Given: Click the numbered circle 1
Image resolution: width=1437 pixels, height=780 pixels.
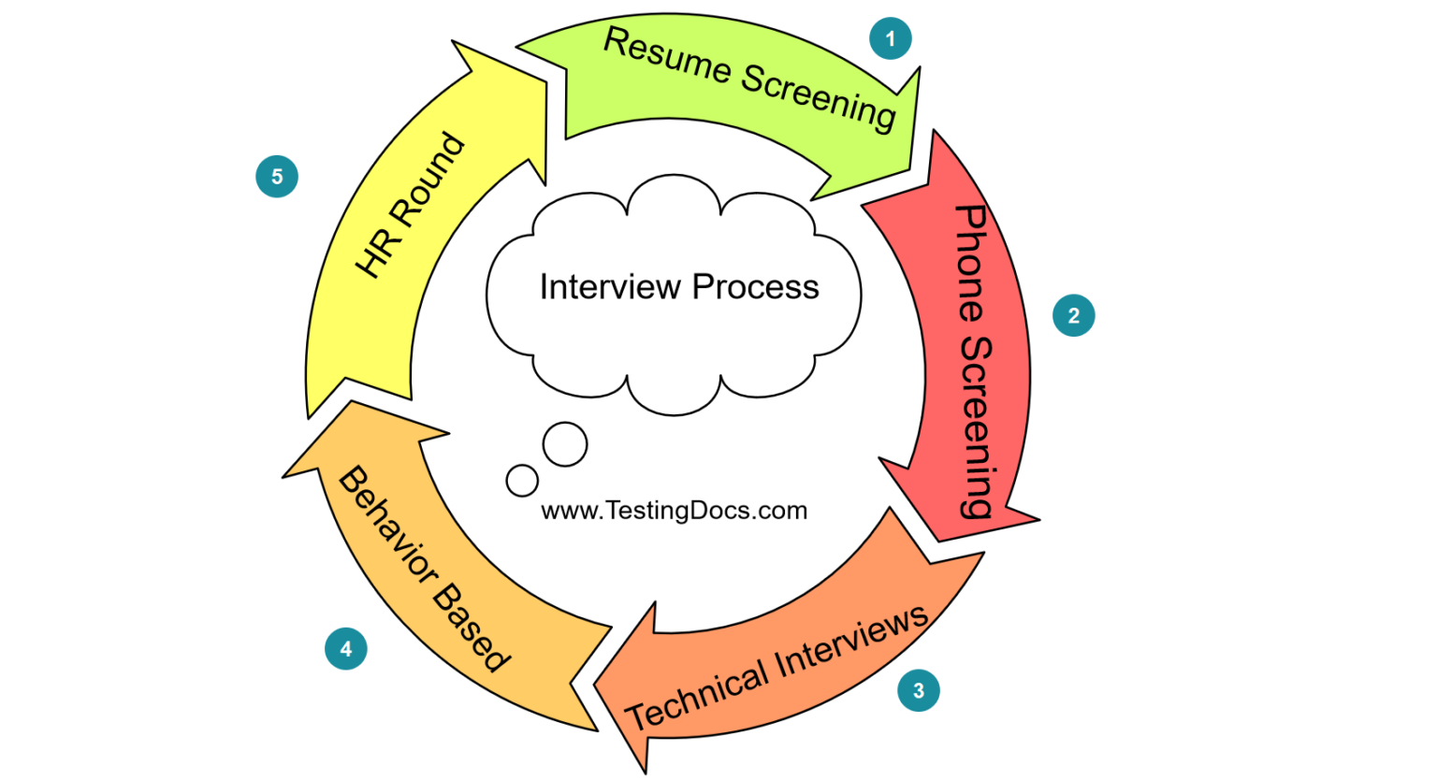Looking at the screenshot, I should click(890, 38).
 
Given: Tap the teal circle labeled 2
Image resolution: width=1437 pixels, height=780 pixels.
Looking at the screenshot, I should click(1073, 315).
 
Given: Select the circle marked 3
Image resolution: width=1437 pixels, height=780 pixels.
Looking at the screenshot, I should click(918, 690).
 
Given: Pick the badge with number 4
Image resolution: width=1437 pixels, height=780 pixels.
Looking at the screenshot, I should click(345, 648).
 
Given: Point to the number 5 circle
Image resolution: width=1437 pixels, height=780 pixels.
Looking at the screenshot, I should click(276, 177).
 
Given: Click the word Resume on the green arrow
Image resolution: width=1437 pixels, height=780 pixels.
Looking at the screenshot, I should click(667, 57).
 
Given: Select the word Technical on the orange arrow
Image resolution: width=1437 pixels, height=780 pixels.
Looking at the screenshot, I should click(697, 698).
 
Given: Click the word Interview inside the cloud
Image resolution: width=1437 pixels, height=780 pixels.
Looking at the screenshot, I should click(609, 286).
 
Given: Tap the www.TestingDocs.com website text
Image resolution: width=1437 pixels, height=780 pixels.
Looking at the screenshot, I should click(674, 511).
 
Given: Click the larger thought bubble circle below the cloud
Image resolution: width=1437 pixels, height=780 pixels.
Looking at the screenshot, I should click(565, 444).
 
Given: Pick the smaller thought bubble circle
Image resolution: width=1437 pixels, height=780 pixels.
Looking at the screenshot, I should click(522, 481).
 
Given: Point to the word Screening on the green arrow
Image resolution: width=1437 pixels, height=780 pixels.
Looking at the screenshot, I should click(819, 97).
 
